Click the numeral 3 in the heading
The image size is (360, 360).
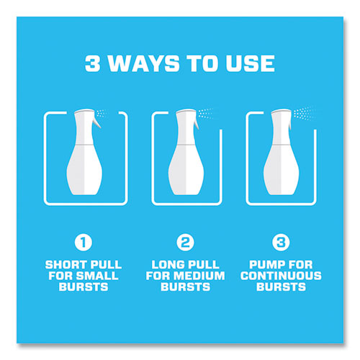92,63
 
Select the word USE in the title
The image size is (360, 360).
250,63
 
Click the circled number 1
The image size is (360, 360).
84,242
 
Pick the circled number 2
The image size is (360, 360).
185,242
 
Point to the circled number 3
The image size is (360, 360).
281,242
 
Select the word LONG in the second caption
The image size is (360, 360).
168,265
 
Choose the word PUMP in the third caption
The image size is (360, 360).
265,265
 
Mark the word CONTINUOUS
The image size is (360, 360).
281,276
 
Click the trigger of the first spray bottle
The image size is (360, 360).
97,122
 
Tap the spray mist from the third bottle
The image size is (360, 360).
303,113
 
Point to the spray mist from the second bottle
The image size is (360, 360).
206,113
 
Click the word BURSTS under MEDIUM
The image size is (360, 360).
185,287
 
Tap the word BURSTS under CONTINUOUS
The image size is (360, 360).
281,287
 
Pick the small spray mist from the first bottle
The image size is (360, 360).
102,113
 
